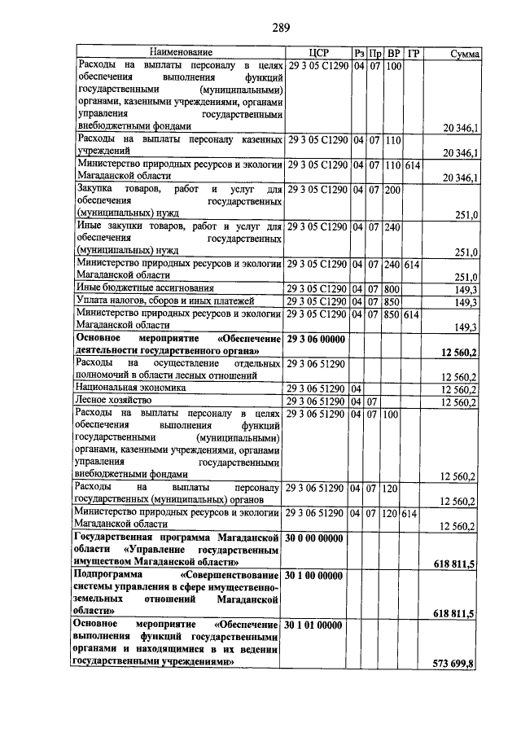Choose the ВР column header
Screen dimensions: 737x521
393,54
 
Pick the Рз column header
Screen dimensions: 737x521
358,54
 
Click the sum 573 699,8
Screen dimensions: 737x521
456,664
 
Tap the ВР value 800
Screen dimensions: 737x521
392,288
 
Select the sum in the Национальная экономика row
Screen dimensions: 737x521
458,389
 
